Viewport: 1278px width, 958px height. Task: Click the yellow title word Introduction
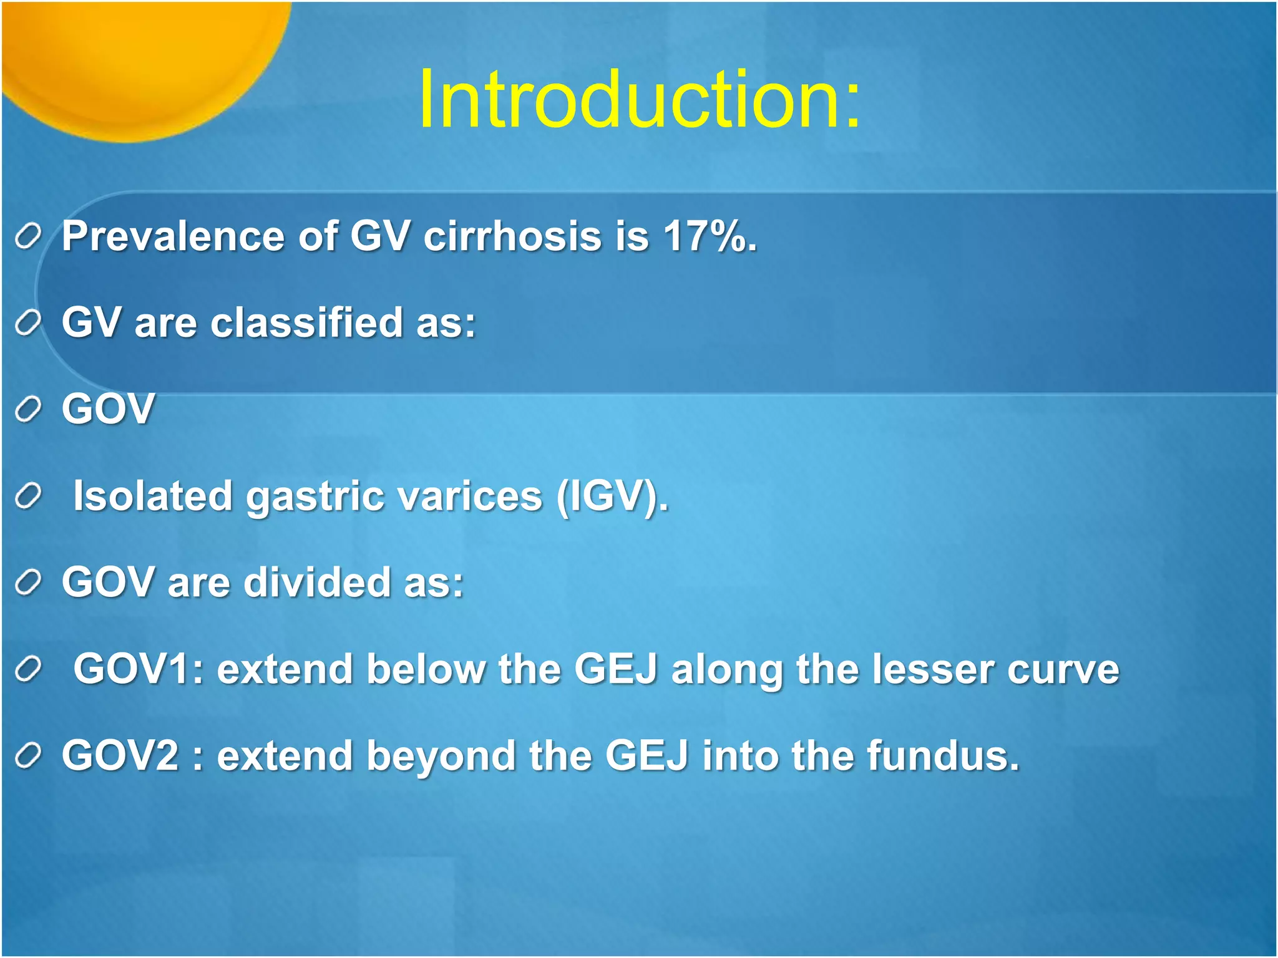640,100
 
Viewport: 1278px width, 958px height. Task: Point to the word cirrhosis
512,236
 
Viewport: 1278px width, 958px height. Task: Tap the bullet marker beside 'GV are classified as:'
28,324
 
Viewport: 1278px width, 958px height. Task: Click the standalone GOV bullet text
108,409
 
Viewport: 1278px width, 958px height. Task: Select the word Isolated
153,496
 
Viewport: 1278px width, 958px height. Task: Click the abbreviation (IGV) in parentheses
611,496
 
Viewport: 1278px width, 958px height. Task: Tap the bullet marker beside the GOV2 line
28,757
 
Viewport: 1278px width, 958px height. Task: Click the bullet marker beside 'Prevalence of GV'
28,237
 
